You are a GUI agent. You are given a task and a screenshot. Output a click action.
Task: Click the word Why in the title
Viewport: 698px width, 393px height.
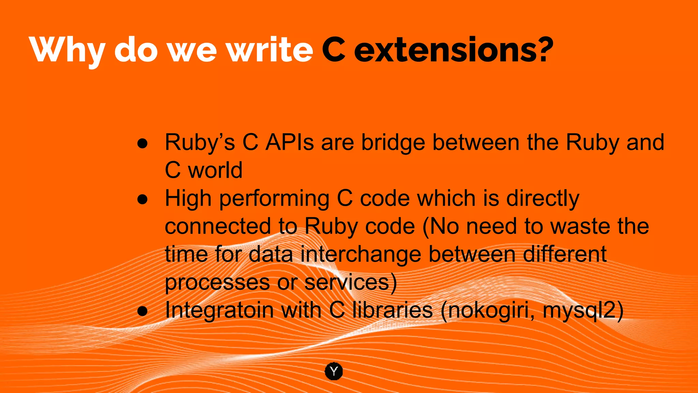point(66,50)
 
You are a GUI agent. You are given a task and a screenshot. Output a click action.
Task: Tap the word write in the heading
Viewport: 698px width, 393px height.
point(270,49)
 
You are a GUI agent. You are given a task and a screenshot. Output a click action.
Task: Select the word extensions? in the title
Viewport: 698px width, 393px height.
point(454,50)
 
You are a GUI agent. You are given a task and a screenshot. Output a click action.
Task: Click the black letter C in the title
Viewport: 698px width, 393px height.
point(334,50)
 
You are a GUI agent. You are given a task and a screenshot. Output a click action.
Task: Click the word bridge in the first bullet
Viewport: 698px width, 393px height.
point(393,143)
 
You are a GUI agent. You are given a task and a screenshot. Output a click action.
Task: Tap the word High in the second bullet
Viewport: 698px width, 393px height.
point(188,199)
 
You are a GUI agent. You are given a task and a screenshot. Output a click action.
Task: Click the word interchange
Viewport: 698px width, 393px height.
point(361,255)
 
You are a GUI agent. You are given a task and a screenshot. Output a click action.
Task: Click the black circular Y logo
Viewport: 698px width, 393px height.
point(334,371)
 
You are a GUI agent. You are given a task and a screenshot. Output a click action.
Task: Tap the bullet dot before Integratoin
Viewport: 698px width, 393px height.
point(142,311)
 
